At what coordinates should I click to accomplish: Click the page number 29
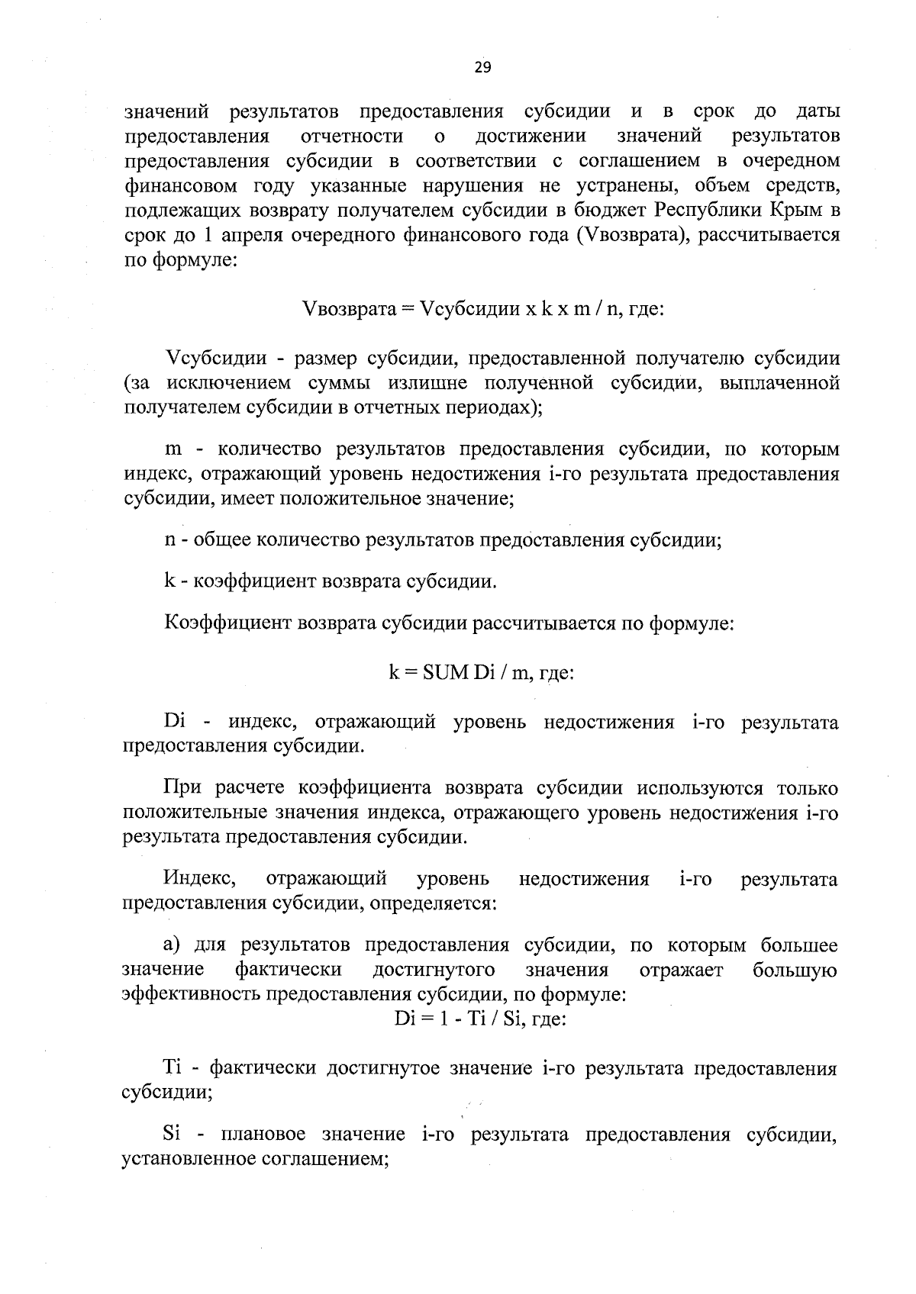click(482, 68)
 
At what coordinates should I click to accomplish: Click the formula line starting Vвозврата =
click(483, 309)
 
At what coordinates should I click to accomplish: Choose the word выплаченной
click(779, 383)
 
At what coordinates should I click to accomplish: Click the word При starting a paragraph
click(182, 787)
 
